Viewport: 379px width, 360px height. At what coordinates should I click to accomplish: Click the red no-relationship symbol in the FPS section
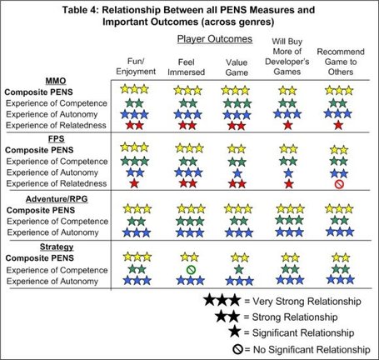point(339,184)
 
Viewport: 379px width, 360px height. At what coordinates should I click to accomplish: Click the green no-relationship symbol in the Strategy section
point(191,269)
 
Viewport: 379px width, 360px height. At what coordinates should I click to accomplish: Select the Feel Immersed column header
point(186,67)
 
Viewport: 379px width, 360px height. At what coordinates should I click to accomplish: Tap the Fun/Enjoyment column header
point(136,67)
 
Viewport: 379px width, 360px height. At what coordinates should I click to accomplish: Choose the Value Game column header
point(237,67)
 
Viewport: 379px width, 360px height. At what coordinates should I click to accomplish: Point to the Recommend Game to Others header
point(341,62)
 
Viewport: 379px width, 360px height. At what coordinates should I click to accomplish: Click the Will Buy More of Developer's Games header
point(287,57)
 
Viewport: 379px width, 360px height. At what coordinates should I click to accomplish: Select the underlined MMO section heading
point(56,81)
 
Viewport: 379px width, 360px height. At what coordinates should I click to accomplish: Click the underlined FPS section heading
point(57,138)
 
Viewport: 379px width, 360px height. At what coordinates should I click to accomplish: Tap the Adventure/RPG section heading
point(57,199)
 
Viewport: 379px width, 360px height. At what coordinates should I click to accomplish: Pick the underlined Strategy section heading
point(57,247)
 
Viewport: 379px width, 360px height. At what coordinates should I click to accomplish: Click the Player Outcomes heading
point(215,39)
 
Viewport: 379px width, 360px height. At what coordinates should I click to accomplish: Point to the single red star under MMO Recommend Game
point(338,125)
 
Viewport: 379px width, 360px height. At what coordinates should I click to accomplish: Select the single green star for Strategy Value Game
point(238,269)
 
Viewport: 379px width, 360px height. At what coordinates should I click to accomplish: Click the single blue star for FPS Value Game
point(237,173)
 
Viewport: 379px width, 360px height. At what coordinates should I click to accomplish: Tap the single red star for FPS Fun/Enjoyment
point(134,183)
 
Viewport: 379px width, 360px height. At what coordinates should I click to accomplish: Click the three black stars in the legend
point(222,300)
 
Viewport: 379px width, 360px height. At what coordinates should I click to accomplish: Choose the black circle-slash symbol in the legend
point(238,349)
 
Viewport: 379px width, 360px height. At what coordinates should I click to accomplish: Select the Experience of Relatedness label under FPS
point(57,183)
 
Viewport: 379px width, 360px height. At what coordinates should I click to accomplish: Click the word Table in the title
point(72,10)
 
